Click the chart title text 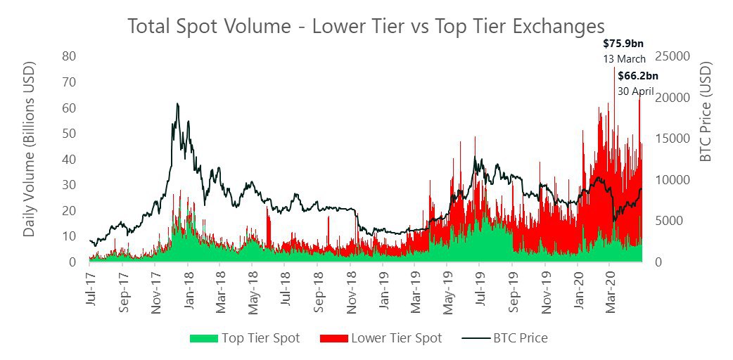point(366,26)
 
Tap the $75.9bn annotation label point(623,44)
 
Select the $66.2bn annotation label point(638,76)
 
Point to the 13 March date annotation point(624,59)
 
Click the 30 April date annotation point(636,91)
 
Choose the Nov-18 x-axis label point(352,289)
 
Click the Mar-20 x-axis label point(611,289)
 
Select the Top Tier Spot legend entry point(245,338)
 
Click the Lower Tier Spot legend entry point(381,338)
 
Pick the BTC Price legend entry point(504,338)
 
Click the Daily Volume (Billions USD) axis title point(30,159)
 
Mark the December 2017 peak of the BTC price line point(177,103)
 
